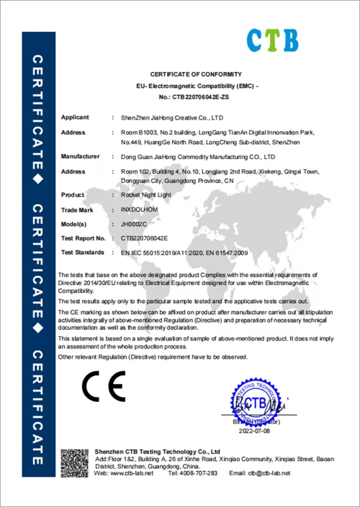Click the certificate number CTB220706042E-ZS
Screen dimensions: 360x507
pyautogui.click(x=201, y=96)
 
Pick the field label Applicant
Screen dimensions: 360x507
pyautogui.click(x=75, y=117)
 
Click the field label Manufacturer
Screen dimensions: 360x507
pyautogui.click(x=80, y=156)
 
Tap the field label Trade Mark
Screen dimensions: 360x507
pyautogui.click(x=77, y=210)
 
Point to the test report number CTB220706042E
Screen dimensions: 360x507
pyautogui.click(x=145, y=238)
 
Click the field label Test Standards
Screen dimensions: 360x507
pyautogui.click(x=83, y=252)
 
